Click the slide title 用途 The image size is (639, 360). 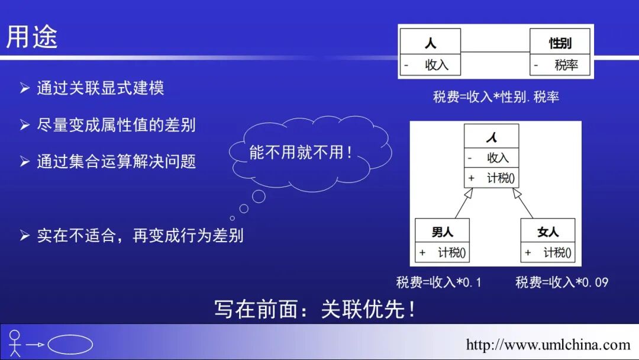(32, 37)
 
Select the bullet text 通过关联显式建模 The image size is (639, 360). (100, 88)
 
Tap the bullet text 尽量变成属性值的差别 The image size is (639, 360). (116, 125)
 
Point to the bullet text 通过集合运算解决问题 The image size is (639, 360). (116, 162)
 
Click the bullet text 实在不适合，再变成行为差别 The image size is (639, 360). (140, 236)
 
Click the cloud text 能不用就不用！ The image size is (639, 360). (301, 152)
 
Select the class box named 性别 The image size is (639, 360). (560, 52)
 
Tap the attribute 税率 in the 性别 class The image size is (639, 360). (566, 66)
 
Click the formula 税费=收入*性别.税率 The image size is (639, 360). (496, 97)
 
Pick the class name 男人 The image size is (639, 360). (442, 232)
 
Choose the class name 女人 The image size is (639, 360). (547, 232)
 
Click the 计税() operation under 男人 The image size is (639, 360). (452, 253)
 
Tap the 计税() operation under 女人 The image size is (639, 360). (557, 253)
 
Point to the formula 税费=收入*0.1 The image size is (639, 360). (439, 282)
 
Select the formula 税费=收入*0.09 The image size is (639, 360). (561, 282)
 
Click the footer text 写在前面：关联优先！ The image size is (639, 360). (316, 309)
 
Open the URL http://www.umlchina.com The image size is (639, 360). (548, 345)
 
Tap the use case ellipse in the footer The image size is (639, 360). (70, 345)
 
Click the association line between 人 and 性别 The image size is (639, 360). (495, 53)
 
